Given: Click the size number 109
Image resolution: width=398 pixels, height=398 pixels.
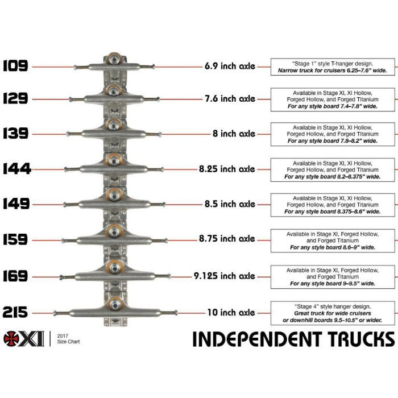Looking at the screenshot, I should (15, 66).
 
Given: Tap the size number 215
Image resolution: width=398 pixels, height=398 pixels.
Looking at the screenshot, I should (15, 312).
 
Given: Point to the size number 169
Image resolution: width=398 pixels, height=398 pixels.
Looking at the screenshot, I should (15, 276).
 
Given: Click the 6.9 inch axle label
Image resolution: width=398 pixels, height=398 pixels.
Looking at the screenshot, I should (230, 66).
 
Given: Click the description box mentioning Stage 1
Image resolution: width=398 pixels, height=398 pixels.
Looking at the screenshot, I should (332, 67).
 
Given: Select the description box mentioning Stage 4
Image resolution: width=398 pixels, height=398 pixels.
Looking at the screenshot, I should (332, 313).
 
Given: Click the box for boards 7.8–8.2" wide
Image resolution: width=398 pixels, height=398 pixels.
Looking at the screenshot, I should (332, 134).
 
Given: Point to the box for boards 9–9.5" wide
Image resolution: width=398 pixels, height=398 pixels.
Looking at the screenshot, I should (332, 276).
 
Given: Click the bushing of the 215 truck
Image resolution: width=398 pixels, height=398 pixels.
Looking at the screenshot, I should (115, 302).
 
